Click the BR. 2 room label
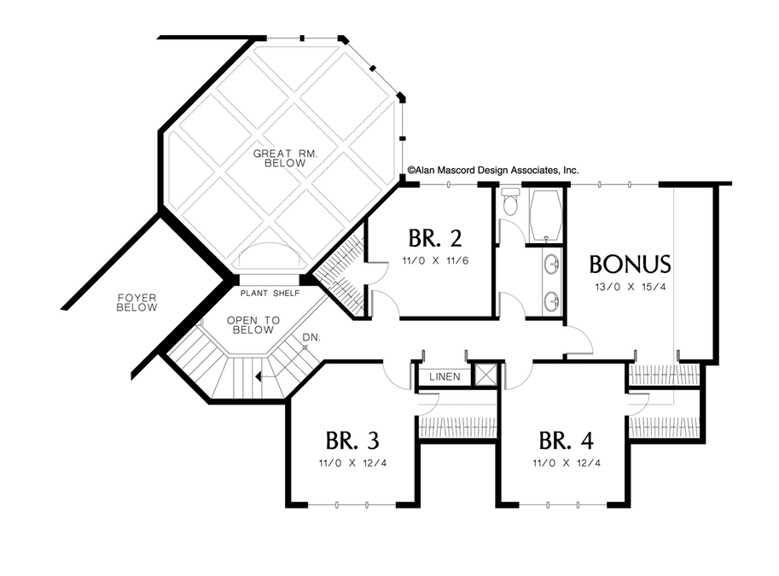point(435,238)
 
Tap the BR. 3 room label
point(352,440)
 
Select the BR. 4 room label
point(566,440)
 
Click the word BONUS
point(630,265)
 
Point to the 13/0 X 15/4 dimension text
point(630,287)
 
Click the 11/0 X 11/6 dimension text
point(435,260)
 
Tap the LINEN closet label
point(445,376)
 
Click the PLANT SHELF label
point(270,294)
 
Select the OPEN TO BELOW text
point(253,325)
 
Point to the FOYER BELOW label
point(137,303)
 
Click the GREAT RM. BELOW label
point(285,158)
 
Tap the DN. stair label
point(311,337)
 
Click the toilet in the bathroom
point(509,201)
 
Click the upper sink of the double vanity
point(552,264)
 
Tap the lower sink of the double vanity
point(552,300)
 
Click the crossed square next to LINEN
point(485,375)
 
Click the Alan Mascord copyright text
point(493,171)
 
